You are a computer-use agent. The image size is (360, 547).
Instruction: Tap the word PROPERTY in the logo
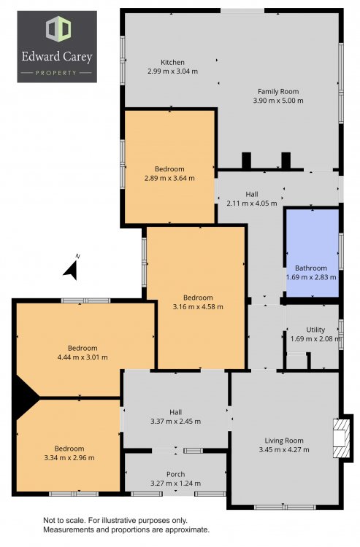tap(56, 73)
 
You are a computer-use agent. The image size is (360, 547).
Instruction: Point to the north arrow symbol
tap(72, 270)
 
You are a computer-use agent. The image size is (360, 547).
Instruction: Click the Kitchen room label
tap(172, 63)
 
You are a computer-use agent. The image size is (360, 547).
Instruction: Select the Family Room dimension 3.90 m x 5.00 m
tap(278, 101)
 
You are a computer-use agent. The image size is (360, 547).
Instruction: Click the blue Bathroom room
tap(313, 253)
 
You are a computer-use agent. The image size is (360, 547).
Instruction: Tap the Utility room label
tap(315, 330)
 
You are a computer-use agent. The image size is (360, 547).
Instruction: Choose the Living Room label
tap(284, 441)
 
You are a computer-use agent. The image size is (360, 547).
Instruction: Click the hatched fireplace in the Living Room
tap(341, 438)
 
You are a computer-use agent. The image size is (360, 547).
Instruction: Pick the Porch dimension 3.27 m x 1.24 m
tap(176, 483)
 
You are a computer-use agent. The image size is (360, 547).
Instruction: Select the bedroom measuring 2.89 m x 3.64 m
tap(169, 167)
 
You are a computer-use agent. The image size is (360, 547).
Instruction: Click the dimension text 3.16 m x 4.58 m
tap(198, 307)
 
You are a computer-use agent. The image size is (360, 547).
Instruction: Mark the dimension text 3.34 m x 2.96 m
tap(69, 458)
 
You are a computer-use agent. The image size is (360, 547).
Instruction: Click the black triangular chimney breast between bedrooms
tap(25, 397)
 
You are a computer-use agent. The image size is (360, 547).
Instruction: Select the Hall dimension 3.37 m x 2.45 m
tap(176, 421)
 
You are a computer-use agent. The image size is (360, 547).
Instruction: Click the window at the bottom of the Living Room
tap(285, 507)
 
